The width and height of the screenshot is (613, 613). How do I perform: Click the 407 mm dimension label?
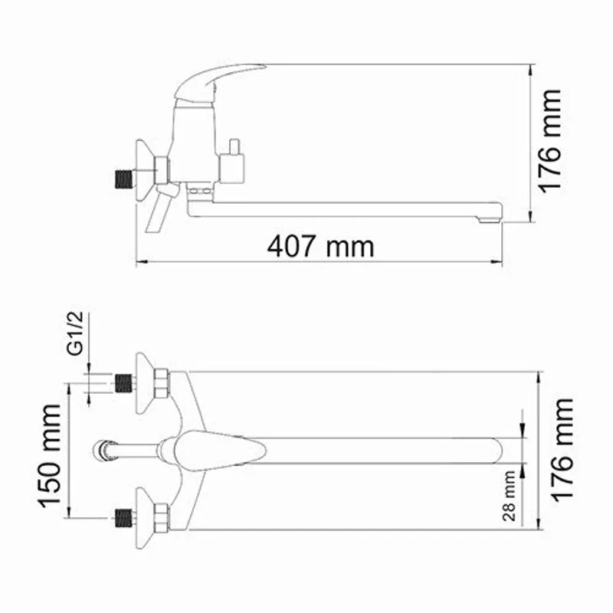pos(320,246)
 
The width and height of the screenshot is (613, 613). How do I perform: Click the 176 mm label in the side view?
pos(550,141)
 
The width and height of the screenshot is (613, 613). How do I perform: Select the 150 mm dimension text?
pos(51,457)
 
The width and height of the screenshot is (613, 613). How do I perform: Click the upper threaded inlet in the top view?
pos(120,382)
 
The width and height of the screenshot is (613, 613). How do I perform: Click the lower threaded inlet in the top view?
pos(120,518)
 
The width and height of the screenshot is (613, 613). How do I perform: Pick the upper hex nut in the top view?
pos(161,382)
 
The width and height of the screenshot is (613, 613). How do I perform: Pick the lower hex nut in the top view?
pos(161,518)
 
